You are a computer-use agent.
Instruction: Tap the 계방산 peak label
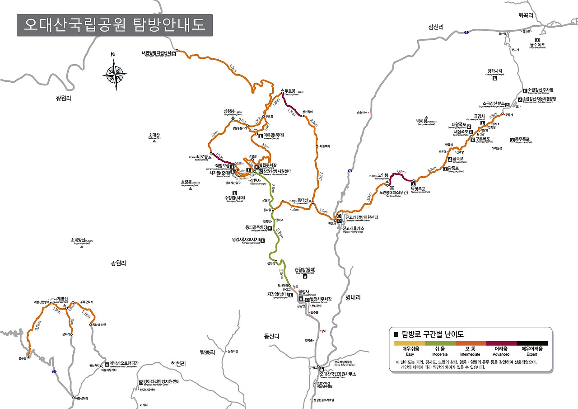[x=63, y=299]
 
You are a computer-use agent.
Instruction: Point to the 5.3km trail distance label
[x=432, y=169]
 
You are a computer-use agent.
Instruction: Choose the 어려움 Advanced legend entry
[x=501, y=349]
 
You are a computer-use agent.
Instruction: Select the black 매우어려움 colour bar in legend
[x=532, y=343]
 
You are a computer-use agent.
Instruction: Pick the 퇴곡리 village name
[x=526, y=15]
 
